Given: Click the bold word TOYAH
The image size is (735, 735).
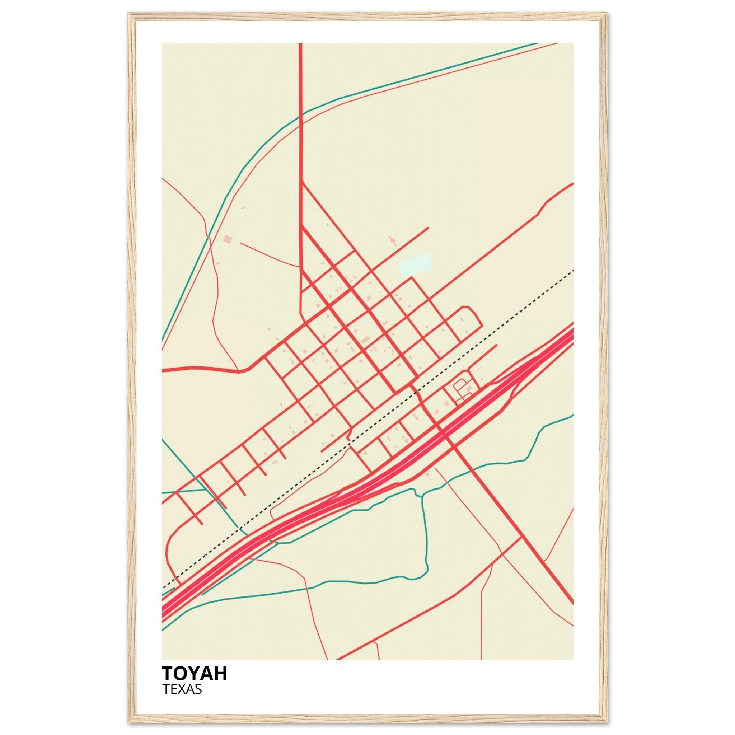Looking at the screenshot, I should coord(195,674).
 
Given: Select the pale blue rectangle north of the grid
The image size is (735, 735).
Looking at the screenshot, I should coord(415,265).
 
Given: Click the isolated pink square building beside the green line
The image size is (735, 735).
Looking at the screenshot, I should coord(228,239).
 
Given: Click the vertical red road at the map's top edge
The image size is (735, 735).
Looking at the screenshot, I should coord(300,76).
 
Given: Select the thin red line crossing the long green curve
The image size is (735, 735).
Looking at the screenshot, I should coord(208,237).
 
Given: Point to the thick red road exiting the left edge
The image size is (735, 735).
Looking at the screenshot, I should coord(190,368).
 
